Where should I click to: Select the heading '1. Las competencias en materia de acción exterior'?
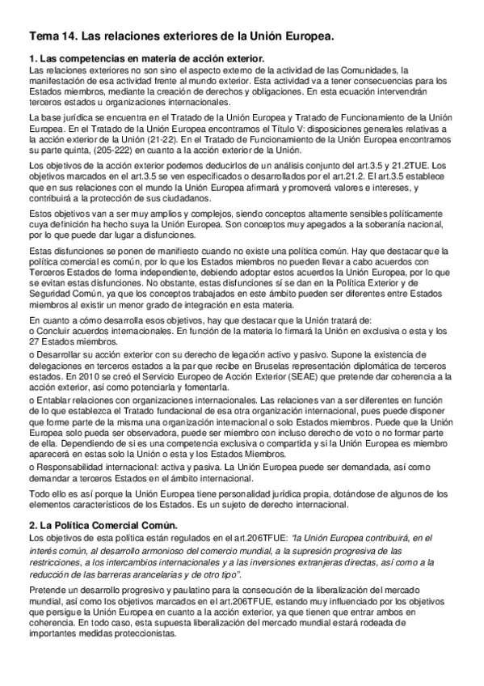[x=146, y=59]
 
